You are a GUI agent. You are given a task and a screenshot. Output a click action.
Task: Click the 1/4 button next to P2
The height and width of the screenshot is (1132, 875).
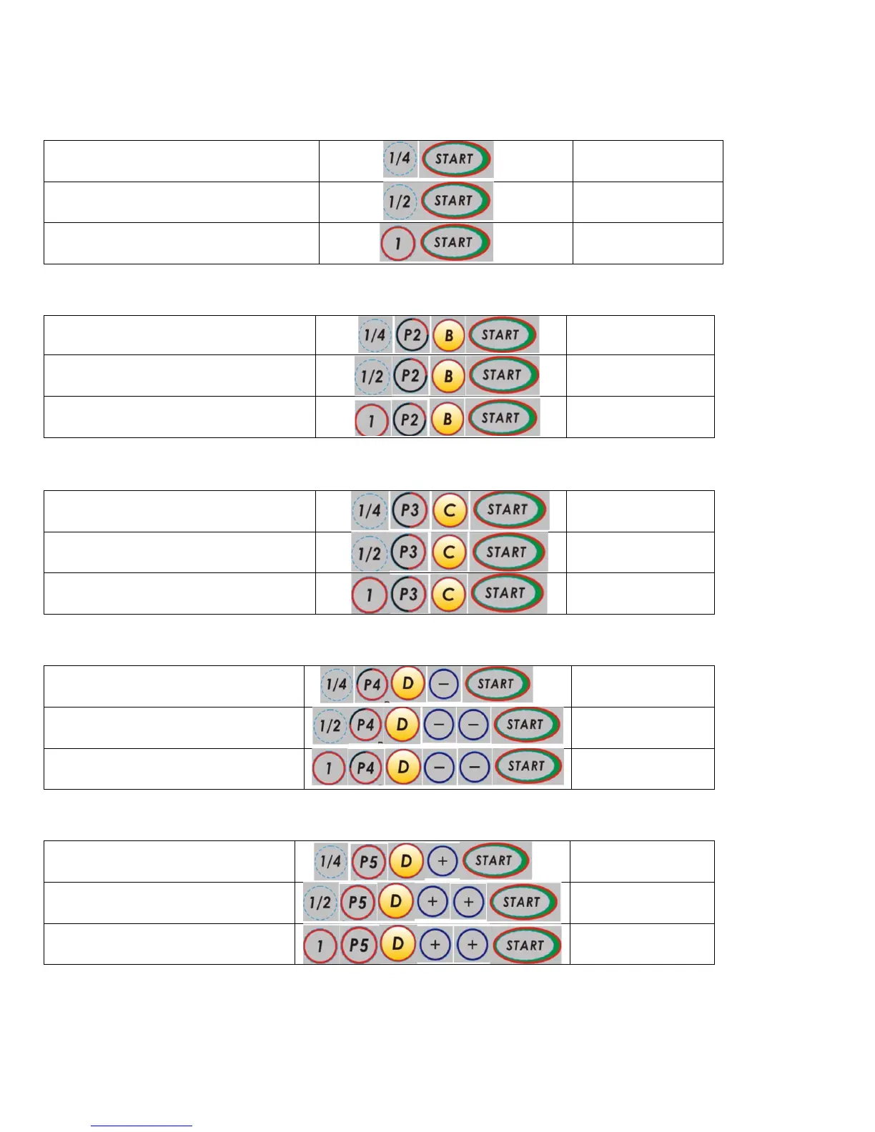[374, 335]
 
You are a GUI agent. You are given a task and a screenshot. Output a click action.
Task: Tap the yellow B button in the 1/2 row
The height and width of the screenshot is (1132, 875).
[448, 376]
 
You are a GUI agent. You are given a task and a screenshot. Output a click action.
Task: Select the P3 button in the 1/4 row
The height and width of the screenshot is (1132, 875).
[409, 510]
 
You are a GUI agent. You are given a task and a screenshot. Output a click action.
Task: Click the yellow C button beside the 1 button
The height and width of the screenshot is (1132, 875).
[449, 594]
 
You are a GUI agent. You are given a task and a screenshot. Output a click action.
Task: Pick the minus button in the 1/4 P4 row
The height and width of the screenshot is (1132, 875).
[443, 684]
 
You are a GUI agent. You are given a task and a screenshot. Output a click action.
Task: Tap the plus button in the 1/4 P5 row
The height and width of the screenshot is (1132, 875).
[443, 861]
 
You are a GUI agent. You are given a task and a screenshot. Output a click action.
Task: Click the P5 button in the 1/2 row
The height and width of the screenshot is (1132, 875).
[357, 903]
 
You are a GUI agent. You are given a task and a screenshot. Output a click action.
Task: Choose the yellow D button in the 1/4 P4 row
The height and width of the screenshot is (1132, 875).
[407, 683]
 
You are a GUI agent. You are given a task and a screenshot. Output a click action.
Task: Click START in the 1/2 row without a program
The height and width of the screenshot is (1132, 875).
[455, 201]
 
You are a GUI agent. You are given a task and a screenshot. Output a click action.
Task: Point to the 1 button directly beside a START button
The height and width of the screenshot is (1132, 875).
[398, 244]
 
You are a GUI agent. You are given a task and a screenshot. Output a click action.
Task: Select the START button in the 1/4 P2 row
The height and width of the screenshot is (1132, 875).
[502, 334]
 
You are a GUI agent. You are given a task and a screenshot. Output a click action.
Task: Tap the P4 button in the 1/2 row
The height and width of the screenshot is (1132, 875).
[365, 725]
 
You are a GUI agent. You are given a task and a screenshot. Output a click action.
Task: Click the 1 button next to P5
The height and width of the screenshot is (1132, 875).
[320, 945]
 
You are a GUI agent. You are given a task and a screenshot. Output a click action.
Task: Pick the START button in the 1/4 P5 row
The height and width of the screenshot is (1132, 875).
[495, 860]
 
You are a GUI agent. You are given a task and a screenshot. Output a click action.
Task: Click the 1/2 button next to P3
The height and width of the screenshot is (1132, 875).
[370, 552]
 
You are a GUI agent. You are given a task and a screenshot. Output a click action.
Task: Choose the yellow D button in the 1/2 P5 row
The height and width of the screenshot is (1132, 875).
[396, 902]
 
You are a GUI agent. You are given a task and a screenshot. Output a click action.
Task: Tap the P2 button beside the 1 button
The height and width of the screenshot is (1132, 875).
[409, 419]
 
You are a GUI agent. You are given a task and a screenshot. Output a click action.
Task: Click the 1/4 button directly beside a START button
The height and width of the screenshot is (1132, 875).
[400, 159]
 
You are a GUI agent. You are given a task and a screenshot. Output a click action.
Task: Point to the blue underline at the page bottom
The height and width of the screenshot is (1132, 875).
[142, 1126]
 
